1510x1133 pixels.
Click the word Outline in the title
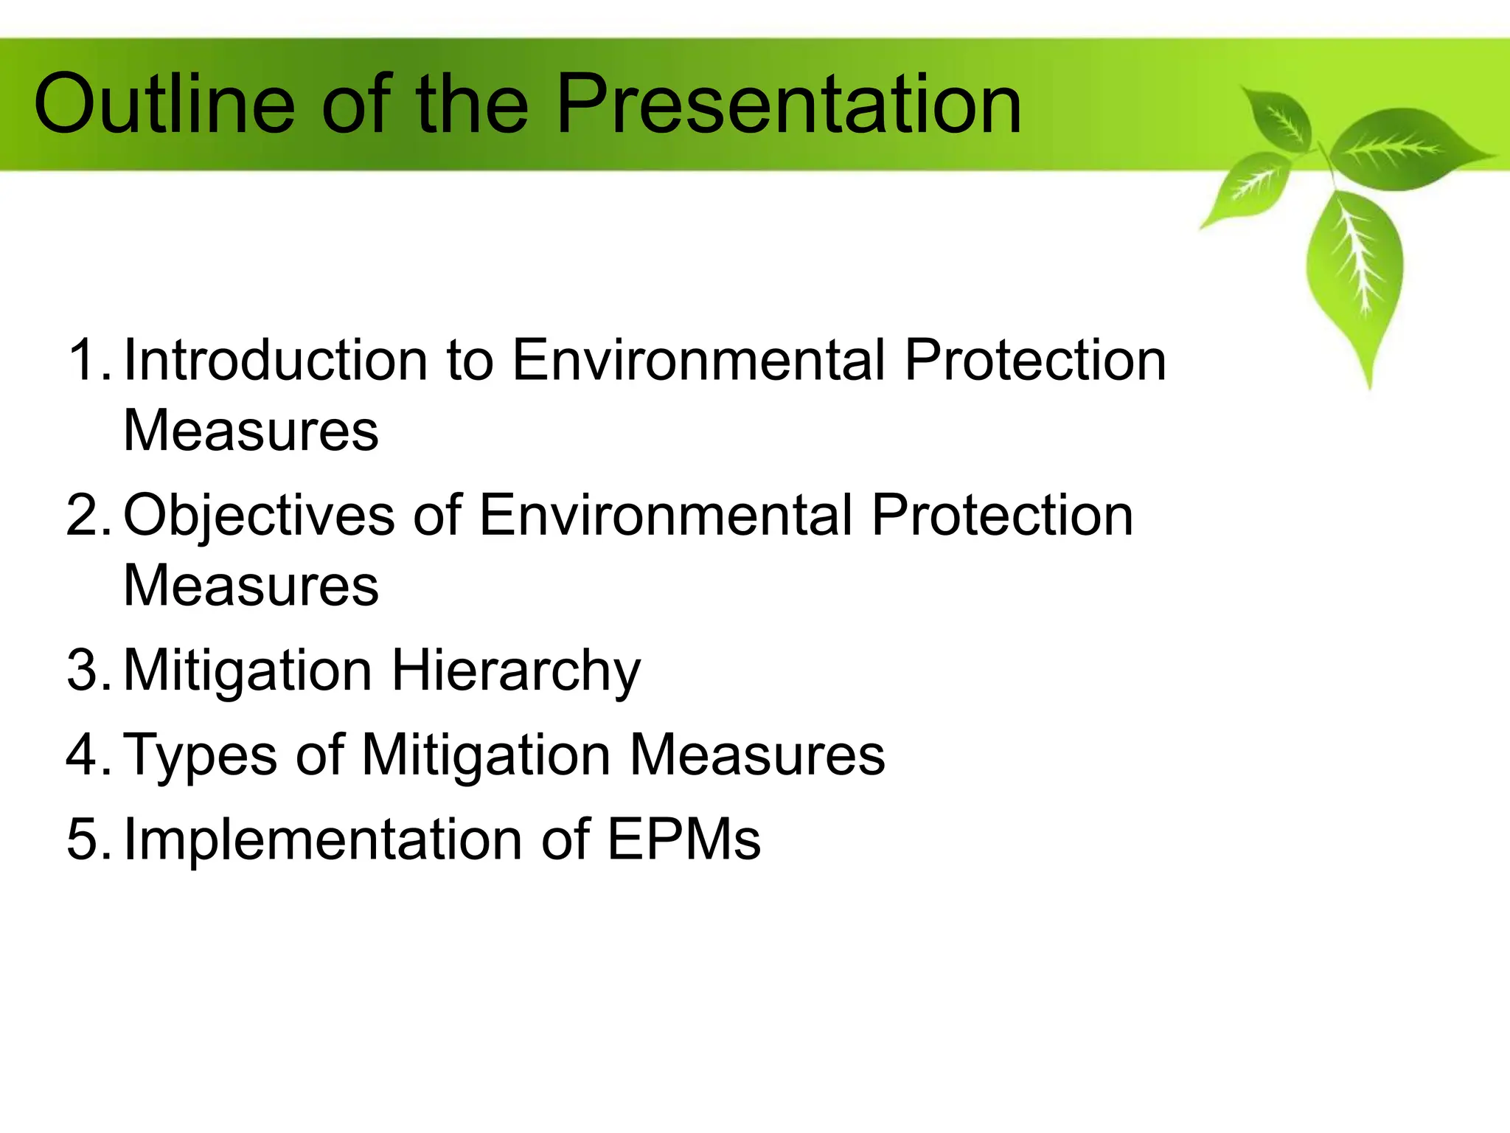click(164, 105)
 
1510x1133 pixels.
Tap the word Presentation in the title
click(788, 105)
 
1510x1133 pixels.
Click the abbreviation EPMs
click(683, 839)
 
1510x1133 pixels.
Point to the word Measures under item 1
click(251, 431)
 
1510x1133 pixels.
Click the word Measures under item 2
click(251, 586)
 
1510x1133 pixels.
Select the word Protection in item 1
click(1035, 360)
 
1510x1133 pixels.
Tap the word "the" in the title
click(472, 105)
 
